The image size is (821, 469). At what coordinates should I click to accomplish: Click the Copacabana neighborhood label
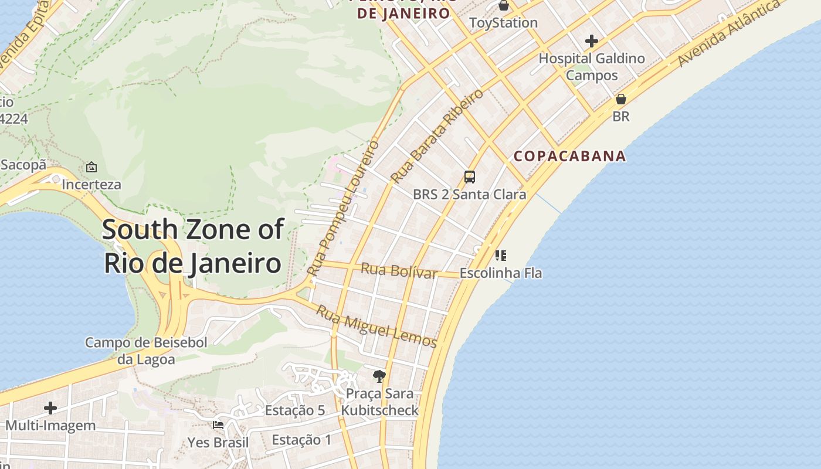570,157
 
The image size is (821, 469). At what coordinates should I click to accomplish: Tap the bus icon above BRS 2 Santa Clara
470,176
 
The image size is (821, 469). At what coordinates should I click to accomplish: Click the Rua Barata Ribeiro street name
437,135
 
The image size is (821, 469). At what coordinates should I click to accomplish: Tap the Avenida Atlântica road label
730,33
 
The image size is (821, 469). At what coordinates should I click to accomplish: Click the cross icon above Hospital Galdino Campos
592,41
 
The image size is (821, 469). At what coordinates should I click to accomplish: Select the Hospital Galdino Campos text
592,67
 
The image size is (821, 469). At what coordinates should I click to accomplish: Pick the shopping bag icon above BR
621,99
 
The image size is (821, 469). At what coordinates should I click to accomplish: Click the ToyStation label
503,23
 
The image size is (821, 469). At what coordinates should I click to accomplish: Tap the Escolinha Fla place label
500,273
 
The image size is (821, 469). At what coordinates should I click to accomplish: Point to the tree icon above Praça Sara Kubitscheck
379,376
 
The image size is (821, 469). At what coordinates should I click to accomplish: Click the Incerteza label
91,185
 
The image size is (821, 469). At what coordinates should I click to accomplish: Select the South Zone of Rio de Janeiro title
193,246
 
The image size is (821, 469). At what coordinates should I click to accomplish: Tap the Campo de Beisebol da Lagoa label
146,351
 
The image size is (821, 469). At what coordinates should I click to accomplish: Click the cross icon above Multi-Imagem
50,407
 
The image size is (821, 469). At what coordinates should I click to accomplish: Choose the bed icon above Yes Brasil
218,424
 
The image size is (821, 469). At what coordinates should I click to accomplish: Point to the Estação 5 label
294,410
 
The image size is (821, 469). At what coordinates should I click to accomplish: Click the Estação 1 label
301,440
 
